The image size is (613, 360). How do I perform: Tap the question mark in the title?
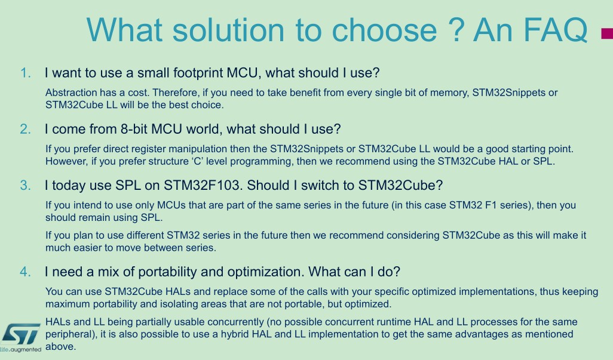456,30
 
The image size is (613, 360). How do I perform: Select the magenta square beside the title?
607,33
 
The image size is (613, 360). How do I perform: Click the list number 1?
26,73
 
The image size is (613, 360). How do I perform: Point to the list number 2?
26,129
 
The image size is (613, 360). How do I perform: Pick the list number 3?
26,186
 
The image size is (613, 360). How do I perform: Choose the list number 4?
26,272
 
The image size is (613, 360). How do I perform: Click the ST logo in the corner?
21,334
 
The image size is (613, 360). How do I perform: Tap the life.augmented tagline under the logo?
21,349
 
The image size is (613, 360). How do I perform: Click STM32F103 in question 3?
201,186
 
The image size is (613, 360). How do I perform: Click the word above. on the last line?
60,347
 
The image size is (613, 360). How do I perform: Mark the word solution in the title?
228,30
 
